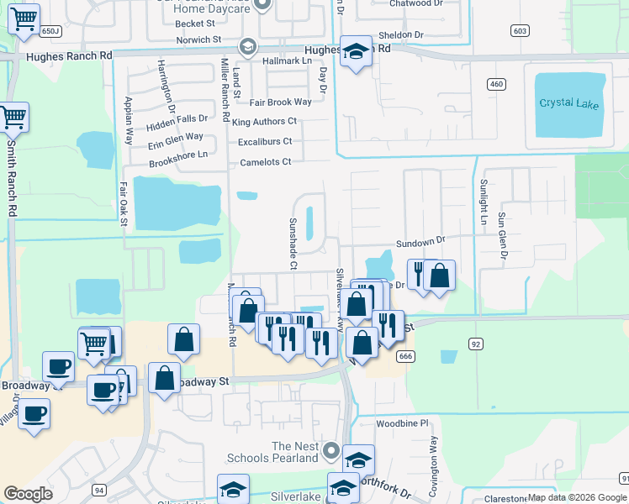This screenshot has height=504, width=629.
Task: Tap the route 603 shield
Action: [x=520, y=31]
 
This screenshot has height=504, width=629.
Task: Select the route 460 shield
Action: [x=496, y=84]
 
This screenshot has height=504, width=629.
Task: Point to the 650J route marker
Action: [x=51, y=31]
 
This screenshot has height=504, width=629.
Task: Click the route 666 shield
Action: [x=406, y=356]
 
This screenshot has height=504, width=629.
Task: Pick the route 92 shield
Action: [x=476, y=343]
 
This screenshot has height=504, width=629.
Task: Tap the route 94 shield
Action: [x=99, y=490]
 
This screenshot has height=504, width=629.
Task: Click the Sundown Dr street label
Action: [x=420, y=240]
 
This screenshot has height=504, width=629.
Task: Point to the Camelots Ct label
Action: [x=266, y=161]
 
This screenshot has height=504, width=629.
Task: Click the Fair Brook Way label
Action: [x=281, y=102]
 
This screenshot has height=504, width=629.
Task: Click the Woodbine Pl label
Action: [x=402, y=423]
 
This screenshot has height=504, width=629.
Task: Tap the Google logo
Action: [x=29, y=494]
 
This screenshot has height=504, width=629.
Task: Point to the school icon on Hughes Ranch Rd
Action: [x=356, y=52]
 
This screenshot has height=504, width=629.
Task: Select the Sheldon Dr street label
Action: [x=400, y=34]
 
